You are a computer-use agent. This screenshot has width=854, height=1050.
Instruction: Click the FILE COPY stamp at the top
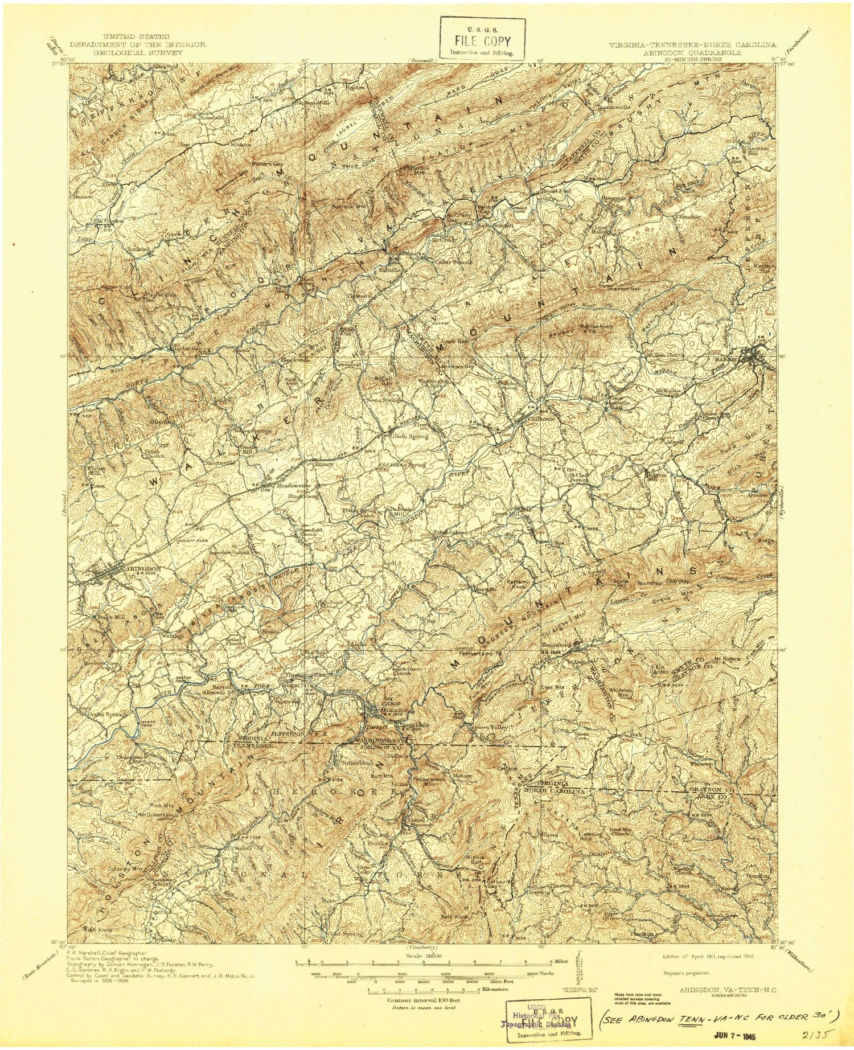point(482,41)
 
